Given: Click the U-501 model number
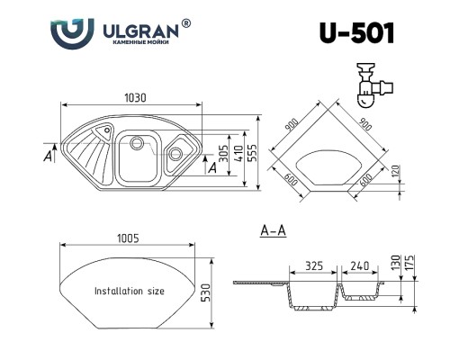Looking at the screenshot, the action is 356,33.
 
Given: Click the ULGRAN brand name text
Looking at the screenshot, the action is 140,31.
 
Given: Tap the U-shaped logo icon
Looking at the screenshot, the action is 72,33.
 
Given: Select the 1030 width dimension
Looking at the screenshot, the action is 135,98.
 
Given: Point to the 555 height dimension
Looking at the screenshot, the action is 253,153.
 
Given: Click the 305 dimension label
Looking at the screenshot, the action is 223,153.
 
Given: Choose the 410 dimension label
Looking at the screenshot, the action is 238,153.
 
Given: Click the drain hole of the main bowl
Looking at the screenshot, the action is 137,142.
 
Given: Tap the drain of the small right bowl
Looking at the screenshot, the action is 175,154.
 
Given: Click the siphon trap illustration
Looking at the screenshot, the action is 374,85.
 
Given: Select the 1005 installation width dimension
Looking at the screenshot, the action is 128,238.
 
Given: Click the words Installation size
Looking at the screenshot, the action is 130,291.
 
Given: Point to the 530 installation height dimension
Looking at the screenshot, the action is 207,292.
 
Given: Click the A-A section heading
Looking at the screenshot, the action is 273,230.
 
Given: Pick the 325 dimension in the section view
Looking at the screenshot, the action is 314,265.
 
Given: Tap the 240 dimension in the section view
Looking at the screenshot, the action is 360,265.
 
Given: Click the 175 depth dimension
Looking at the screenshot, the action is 410,262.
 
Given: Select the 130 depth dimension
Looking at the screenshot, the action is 396,262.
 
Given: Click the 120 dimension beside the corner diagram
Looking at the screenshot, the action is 396,171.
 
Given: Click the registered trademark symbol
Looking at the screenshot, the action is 186,23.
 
